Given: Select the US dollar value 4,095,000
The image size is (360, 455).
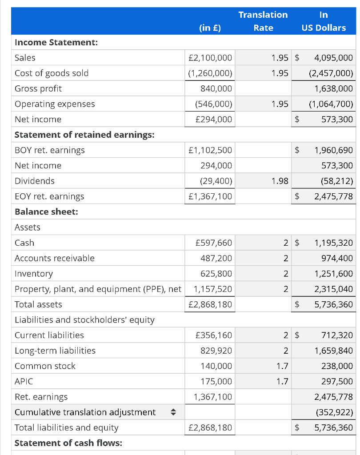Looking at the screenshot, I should (x=333, y=58).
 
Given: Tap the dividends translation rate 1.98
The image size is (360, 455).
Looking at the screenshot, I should (x=279, y=181).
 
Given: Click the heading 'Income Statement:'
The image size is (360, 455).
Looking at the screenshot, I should (x=56, y=43).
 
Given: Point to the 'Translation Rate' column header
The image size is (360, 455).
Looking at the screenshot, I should (x=263, y=21).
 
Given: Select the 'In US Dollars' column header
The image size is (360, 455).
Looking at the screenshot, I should (x=324, y=21).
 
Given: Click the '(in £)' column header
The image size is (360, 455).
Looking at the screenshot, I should (x=210, y=28).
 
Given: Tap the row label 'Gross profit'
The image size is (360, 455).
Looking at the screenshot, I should (x=38, y=88).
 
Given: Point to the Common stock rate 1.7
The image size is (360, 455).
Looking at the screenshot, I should (x=282, y=366).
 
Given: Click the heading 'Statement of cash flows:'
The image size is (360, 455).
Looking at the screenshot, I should (x=68, y=443).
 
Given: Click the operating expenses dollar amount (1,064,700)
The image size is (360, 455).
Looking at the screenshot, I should (x=331, y=104).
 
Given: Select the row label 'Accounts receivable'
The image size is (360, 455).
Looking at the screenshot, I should (x=55, y=258).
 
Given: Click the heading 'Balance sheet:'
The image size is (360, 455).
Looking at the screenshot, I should (x=46, y=212).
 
